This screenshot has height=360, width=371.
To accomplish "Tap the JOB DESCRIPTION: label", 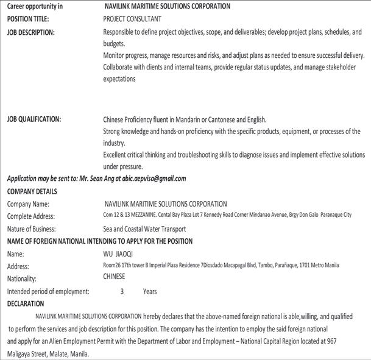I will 30,32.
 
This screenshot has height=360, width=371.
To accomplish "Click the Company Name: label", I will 28,204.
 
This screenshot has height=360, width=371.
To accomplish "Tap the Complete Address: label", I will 31,216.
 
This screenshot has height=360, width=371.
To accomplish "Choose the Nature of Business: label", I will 32,229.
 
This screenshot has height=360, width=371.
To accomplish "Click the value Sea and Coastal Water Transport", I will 145,229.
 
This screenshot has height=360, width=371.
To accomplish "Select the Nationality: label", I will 22,278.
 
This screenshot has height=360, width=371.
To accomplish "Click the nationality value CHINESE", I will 115,277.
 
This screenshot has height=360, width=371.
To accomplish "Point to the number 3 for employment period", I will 122,291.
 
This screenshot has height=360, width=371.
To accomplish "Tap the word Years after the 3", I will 150,291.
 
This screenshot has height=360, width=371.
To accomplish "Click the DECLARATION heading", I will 26,303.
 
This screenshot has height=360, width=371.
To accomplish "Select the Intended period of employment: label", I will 48,291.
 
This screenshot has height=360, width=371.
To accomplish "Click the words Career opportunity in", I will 34,6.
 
